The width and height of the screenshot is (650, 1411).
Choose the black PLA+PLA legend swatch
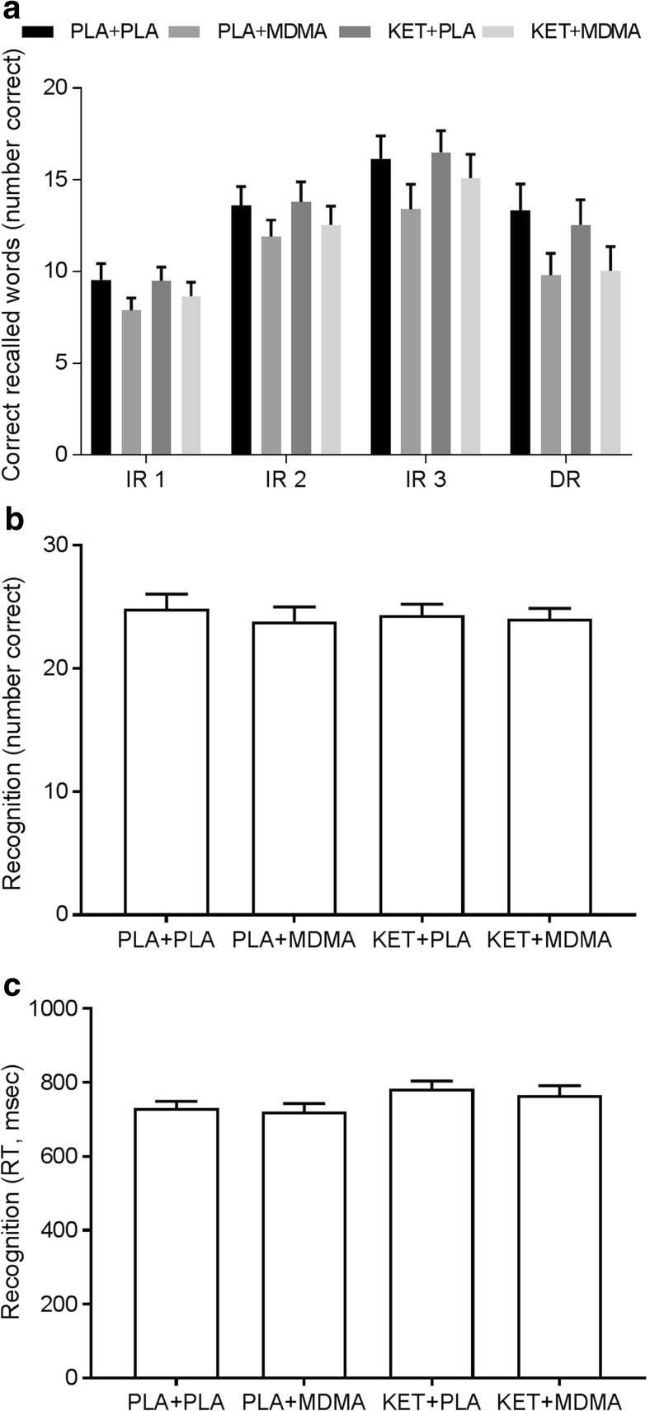39,32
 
